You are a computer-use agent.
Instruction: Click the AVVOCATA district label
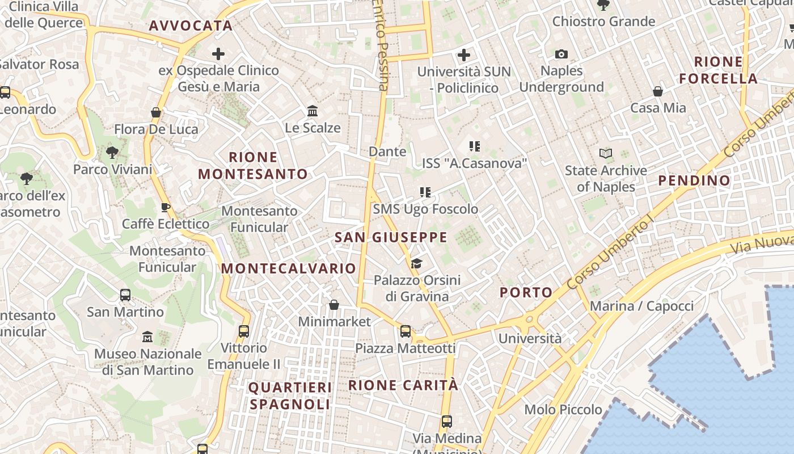tap(191, 26)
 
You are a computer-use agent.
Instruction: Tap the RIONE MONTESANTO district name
tap(253, 166)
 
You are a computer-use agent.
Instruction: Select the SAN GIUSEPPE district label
tap(391, 237)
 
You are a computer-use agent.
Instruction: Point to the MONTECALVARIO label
tap(289, 268)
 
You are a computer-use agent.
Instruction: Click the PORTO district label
tap(526, 293)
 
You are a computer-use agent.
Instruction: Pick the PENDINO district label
tap(694, 181)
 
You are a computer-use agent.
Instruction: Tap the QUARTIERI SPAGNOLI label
tap(290, 396)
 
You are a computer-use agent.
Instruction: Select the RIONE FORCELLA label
tap(719, 70)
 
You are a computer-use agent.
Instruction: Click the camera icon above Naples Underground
tap(561, 54)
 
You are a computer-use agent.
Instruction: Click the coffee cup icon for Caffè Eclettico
tap(166, 207)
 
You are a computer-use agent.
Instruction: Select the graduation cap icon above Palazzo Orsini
tap(417, 263)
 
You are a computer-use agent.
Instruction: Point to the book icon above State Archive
tap(606, 153)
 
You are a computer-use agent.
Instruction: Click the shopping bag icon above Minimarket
tap(334, 305)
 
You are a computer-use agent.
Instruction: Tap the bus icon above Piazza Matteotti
tap(405, 331)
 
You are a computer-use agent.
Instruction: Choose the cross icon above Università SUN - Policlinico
tap(464, 55)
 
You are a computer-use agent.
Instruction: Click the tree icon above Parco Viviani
tap(112, 152)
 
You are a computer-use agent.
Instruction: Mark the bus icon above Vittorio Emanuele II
tap(244, 331)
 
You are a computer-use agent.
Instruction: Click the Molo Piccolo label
tap(563, 410)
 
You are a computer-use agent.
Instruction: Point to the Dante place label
tap(387, 152)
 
